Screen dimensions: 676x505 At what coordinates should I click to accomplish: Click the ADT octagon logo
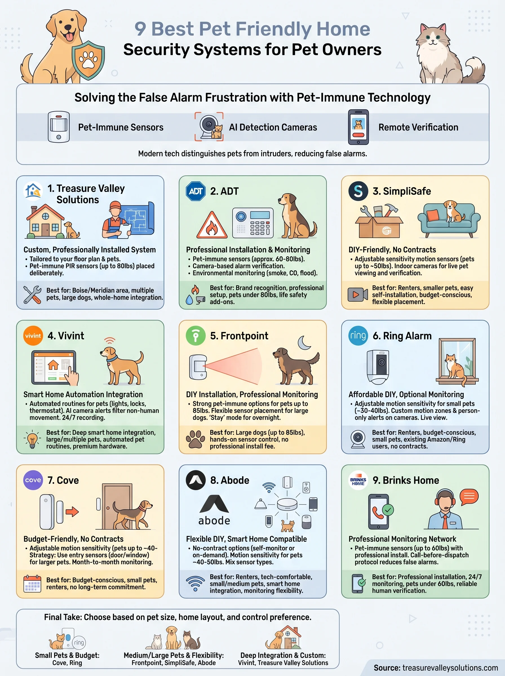196,191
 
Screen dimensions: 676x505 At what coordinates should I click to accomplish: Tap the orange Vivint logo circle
33,336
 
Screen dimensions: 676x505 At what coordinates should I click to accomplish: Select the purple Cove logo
33,480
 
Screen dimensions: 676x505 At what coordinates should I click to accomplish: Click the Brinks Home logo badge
358,480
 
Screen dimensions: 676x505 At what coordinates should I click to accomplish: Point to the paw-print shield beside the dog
88,61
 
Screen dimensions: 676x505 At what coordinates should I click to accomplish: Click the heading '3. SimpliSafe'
401,191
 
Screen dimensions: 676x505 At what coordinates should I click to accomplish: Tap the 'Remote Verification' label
418,127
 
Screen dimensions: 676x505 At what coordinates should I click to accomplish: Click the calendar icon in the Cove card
32,583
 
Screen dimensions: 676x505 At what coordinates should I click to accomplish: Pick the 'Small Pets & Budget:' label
67,655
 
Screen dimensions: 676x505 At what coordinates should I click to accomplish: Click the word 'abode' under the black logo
214,521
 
